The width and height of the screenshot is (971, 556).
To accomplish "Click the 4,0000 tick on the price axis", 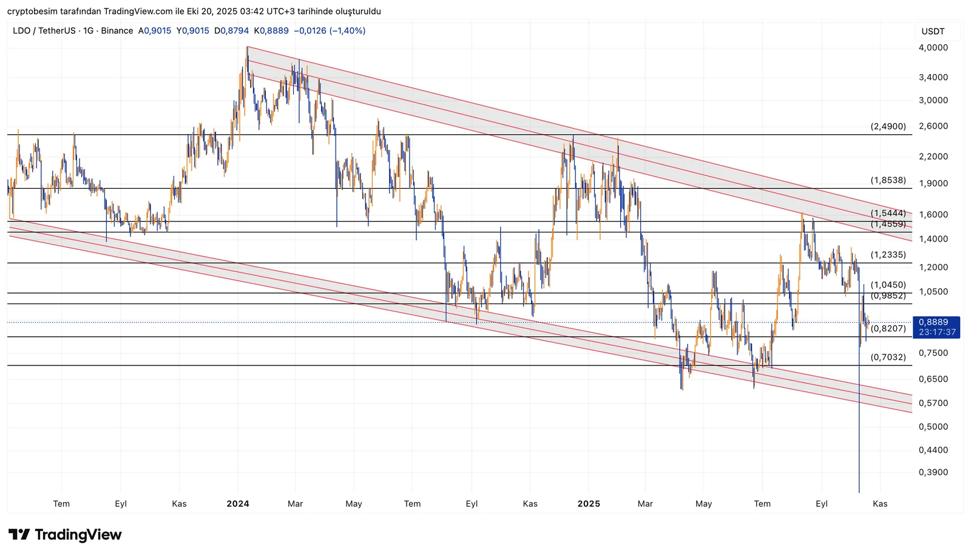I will coord(933,47).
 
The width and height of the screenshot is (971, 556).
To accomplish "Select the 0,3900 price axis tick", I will coord(933,472).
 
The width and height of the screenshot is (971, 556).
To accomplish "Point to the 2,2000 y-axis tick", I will coord(933,157).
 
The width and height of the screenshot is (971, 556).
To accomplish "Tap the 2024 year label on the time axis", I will coord(238,504).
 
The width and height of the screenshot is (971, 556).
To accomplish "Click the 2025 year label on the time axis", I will coord(589,504).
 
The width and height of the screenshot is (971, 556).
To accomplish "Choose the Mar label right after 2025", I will coord(645,504).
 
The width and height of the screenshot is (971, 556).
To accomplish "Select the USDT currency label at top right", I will coord(933,32).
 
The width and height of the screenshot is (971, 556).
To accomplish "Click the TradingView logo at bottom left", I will coord(65,535).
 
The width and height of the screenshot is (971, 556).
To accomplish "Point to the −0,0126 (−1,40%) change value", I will coord(329,31).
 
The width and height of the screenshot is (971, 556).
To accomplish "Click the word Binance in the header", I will coord(117,31).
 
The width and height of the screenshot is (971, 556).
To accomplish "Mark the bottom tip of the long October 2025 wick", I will coord(859,492).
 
